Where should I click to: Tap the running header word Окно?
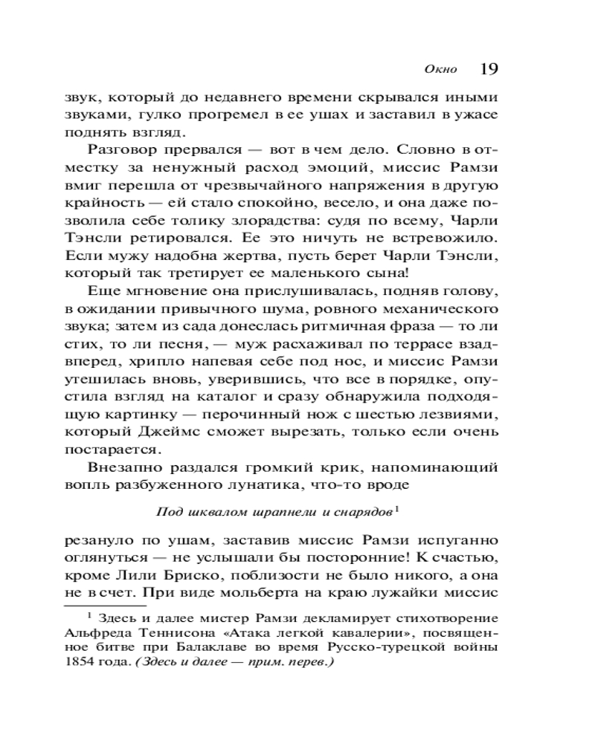pyautogui.click(x=438, y=71)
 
